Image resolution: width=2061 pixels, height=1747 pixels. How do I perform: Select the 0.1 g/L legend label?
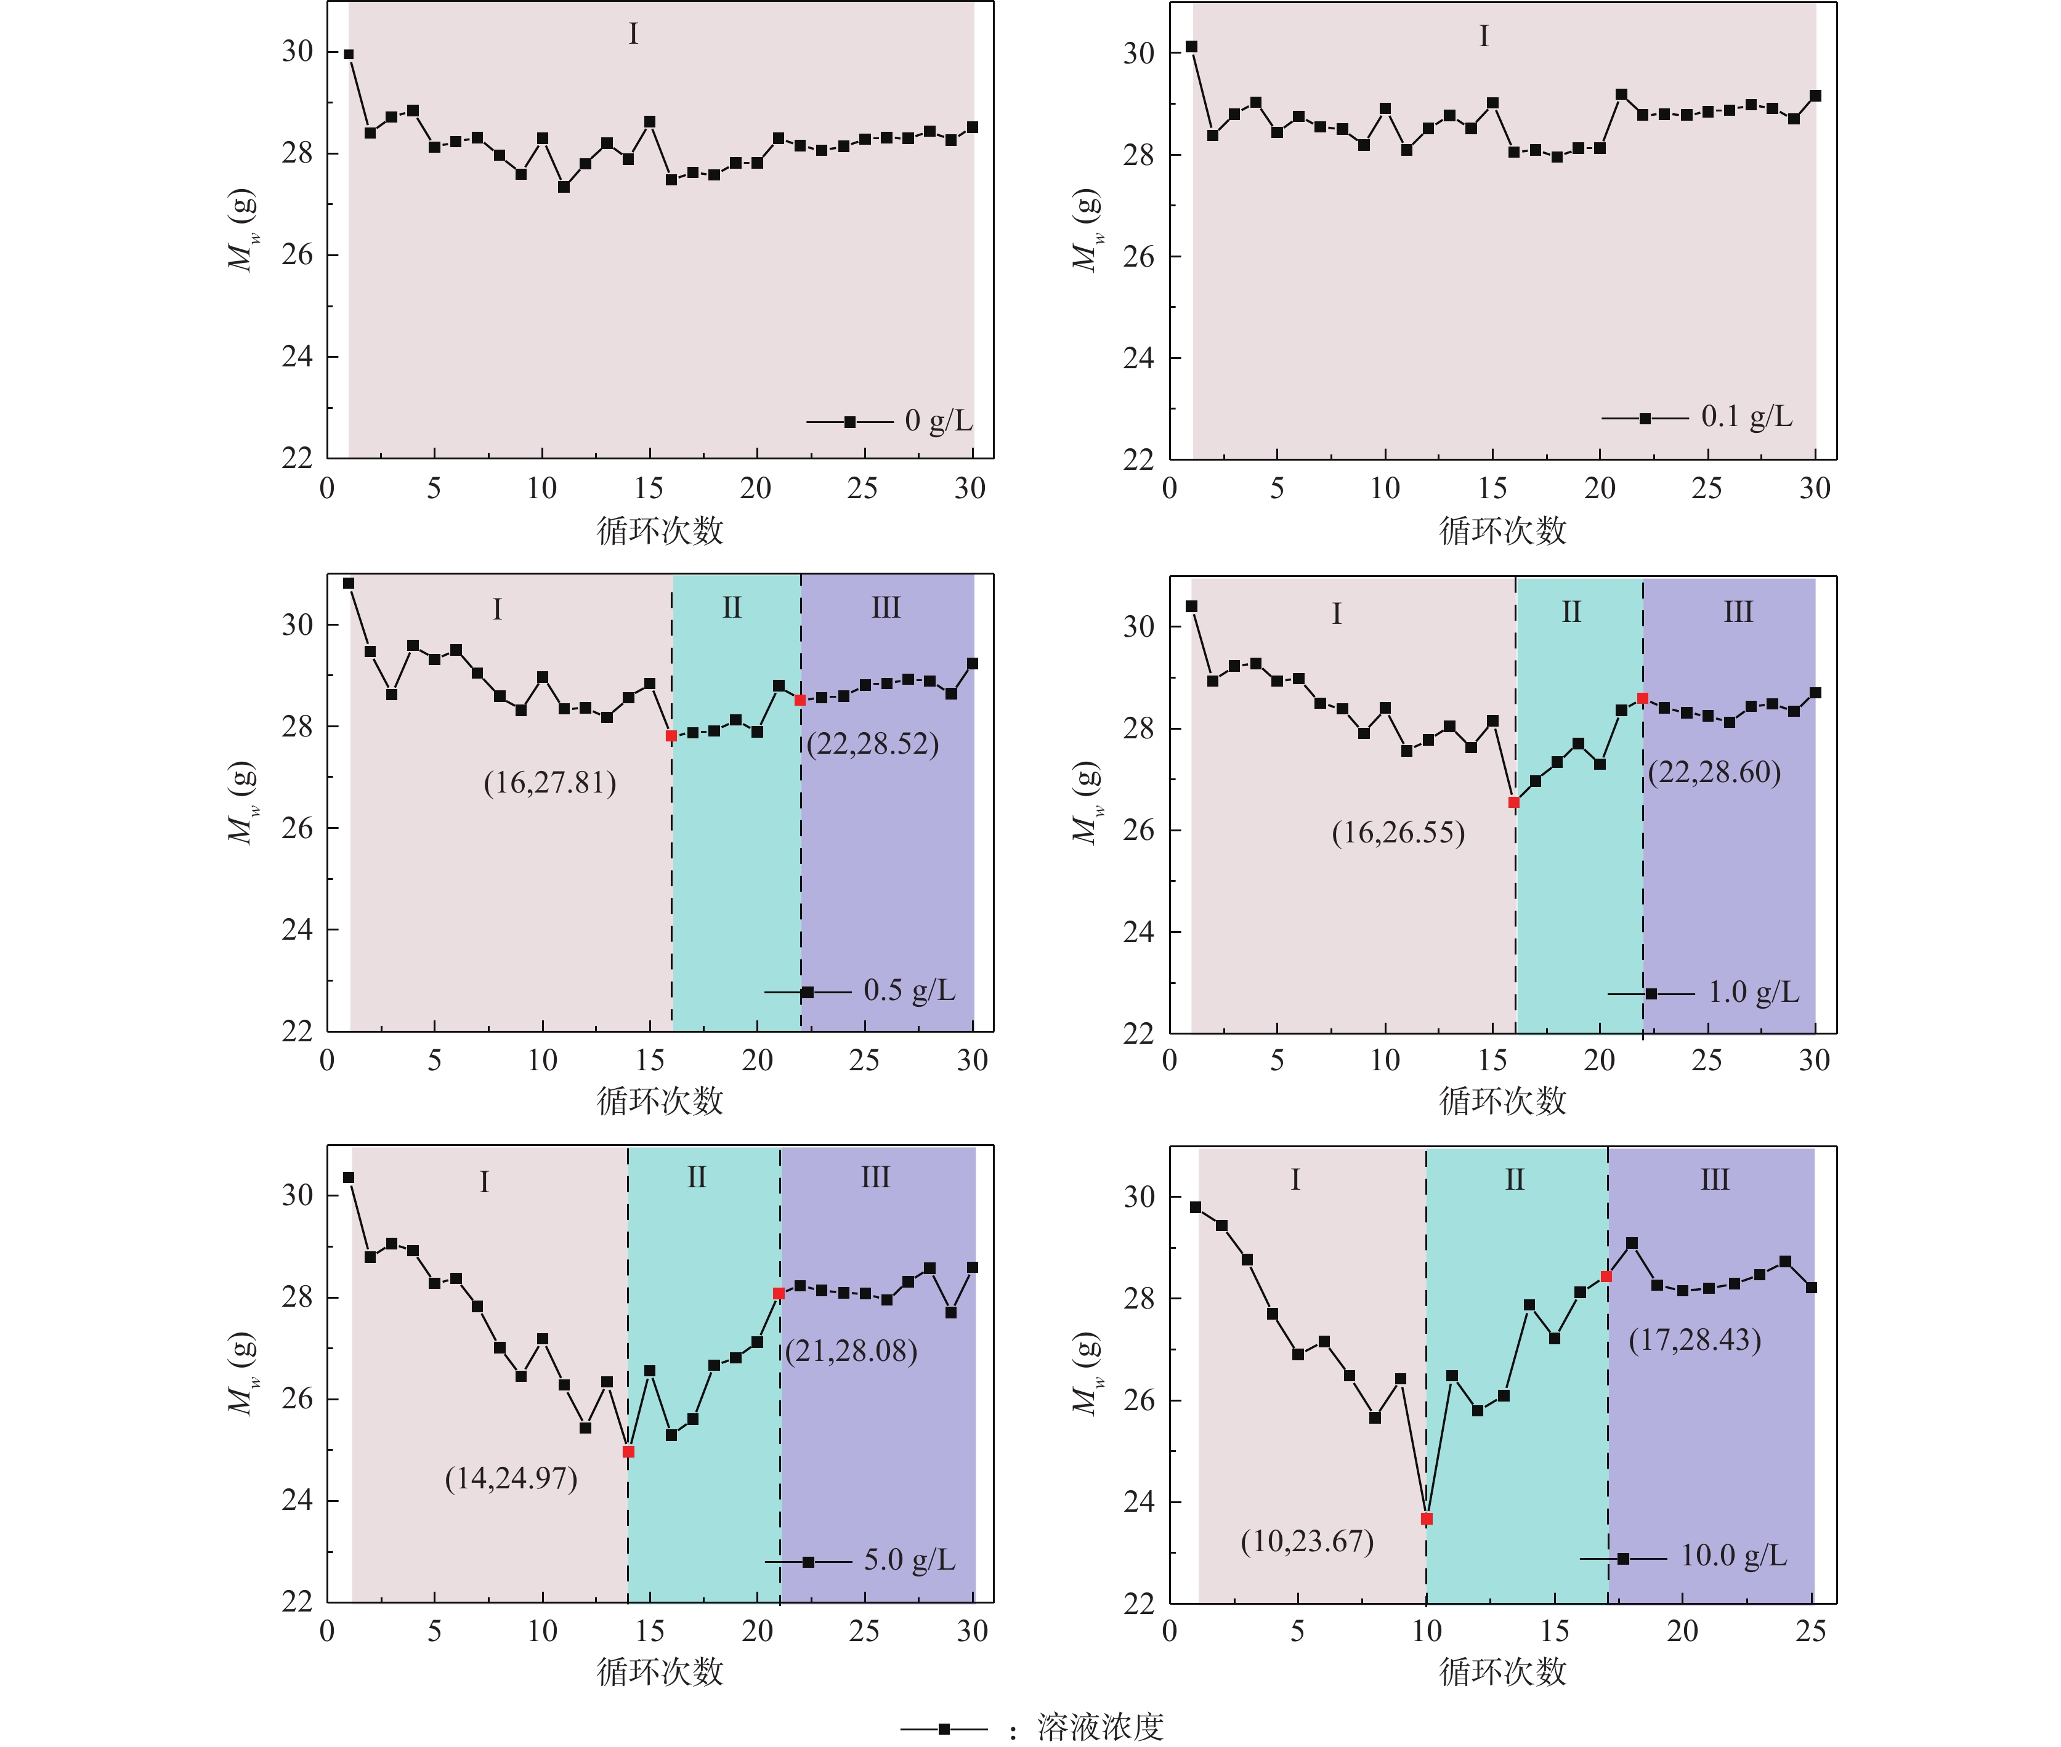[x=1746, y=417]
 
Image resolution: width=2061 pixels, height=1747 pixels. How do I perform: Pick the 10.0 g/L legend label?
[x=1733, y=1556]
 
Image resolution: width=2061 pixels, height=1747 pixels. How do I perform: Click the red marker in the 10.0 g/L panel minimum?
[x=1426, y=1518]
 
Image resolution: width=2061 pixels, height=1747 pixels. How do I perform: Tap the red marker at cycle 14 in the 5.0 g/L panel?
[x=628, y=1451]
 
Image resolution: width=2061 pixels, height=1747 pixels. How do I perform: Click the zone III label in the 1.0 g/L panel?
[x=1738, y=612]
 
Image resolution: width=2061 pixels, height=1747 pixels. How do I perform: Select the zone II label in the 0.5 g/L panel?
[x=732, y=607]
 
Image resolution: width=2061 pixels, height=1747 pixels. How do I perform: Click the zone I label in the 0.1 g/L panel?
[x=1484, y=37]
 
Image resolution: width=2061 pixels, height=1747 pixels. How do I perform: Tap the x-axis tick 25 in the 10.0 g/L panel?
[x=1810, y=1631]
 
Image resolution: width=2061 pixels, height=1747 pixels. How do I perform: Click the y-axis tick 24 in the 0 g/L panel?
[x=297, y=357]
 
